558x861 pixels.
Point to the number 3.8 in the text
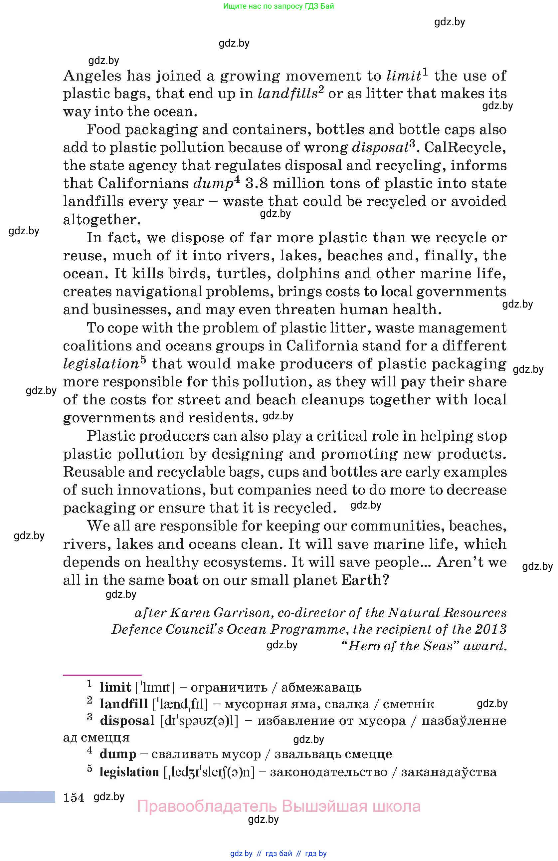[x=257, y=184]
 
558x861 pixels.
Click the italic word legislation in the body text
[x=101, y=364]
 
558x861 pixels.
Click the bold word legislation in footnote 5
[x=129, y=772]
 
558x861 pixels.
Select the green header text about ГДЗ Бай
[x=279, y=6]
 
